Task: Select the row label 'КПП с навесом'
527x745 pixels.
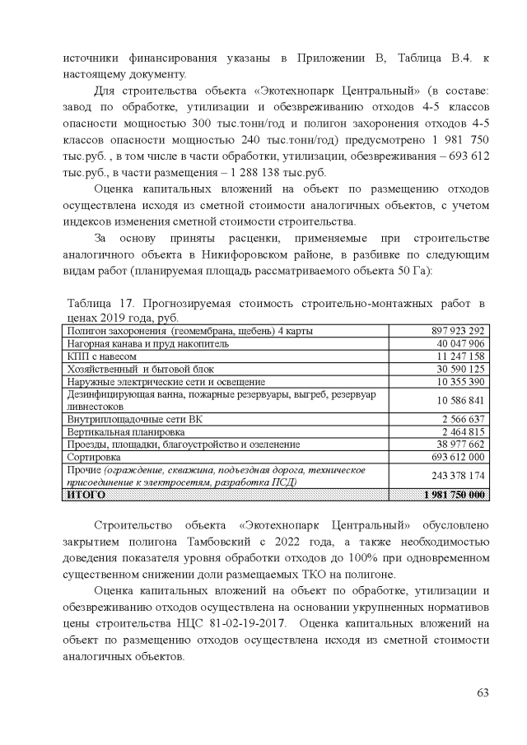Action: pos(96,356)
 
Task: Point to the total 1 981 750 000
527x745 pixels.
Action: pos(454,494)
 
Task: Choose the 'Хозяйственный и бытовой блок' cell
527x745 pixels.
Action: pos(133,369)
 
